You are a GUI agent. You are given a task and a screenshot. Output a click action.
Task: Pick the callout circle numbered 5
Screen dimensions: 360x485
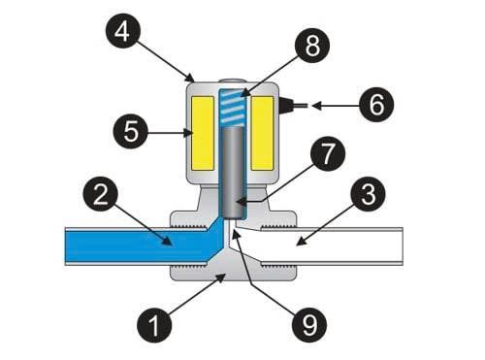(x=127, y=128)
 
